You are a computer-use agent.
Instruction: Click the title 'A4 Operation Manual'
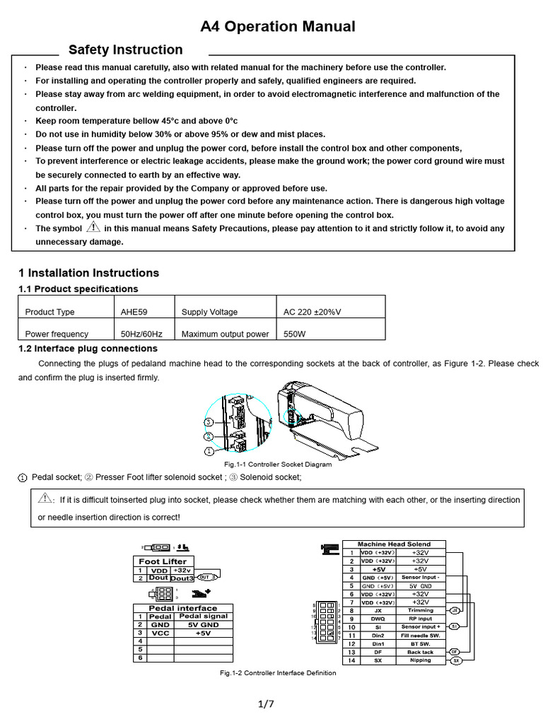point(277,27)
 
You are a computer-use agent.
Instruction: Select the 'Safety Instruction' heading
point(125,49)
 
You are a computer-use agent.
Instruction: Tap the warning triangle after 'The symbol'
point(93,228)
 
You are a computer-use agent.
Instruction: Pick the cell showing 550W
point(295,334)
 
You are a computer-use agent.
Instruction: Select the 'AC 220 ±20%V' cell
point(312,312)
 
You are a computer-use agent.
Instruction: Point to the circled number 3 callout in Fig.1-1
point(209,422)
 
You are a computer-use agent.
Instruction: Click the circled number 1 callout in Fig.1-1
point(209,450)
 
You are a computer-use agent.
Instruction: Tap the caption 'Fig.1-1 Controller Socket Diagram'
point(278,465)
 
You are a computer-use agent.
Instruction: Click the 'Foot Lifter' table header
point(163,561)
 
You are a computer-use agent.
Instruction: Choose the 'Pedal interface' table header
point(182,608)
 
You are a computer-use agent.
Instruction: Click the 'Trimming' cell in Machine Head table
point(421,610)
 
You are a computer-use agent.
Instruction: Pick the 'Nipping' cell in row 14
point(421,660)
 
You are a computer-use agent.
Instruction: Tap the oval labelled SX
point(456,660)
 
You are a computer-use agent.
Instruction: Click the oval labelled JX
point(455,610)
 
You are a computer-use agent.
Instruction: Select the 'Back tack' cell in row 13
point(421,652)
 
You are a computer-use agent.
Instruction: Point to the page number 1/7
point(266,703)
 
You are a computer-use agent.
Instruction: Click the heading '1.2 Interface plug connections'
point(88,349)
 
